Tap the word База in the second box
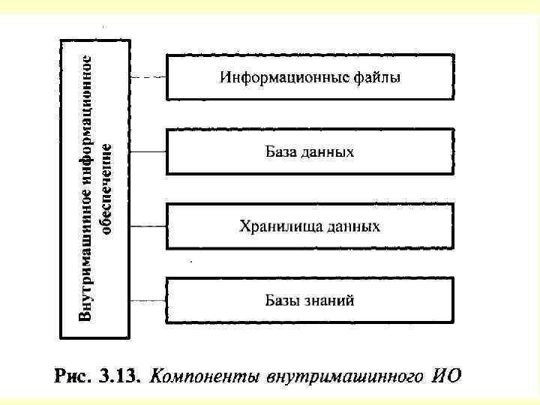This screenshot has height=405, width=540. (x=282, y=151)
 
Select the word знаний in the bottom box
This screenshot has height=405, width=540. (x=329, y=301)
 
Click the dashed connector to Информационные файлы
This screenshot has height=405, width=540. (x=147, y=76)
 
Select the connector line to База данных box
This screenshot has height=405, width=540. (x=147, y=151)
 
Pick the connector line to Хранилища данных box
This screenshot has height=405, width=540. (x=147, y=226)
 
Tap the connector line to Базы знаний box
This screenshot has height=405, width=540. (x=147, y=301)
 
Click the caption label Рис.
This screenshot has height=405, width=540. (x=72, y=375)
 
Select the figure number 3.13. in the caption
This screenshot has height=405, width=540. (x=118, y=375)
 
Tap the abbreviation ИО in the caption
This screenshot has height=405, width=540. (x=447, y=375)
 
